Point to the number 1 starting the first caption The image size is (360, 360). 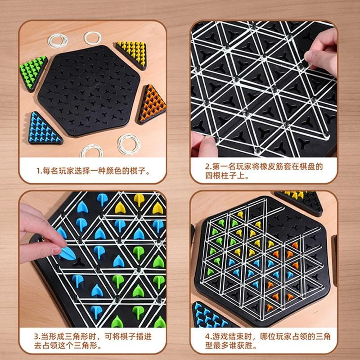click(38, 171)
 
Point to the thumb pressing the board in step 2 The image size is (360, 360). click(203, 144)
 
